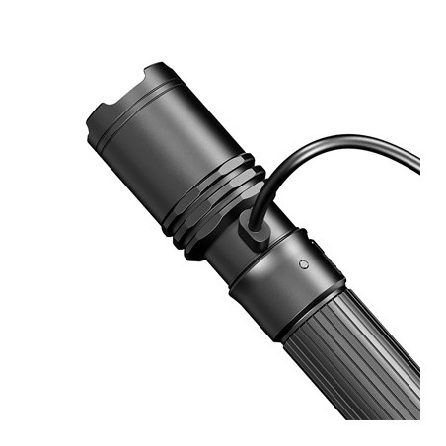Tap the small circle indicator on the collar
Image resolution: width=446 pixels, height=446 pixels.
click(x=304, y=264)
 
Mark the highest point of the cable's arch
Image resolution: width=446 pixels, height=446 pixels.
click(x=326, y=140)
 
